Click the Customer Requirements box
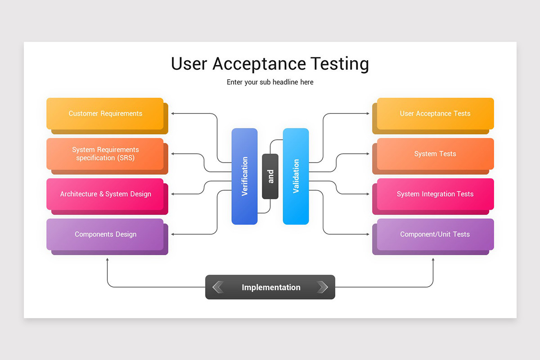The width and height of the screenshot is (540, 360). [105, 113]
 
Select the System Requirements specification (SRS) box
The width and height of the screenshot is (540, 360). [105, 154]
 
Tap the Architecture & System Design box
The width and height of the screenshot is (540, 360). [105, 194]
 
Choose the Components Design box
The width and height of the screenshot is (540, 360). [105, 234]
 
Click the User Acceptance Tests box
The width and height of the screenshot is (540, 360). [435, 113]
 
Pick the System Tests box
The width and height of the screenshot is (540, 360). [435, 154]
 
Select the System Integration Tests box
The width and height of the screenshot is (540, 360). [435, 194]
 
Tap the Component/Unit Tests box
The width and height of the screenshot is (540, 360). [435, 234]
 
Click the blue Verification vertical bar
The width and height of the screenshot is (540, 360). [244, 176]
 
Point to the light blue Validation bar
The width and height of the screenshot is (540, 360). [296, 176]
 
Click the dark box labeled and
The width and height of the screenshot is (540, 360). [270, 176]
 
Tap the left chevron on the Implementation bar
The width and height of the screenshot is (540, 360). [218, 287]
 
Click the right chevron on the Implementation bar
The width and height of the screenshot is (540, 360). [322, 287]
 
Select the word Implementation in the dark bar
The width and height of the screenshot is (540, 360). [271, 287]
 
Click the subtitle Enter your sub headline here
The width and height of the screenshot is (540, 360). [270, 82]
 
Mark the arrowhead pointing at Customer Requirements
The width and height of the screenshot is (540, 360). [173, 113]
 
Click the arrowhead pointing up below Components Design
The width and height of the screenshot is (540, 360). [107, 260]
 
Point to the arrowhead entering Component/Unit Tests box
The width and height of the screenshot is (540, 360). [368, 234]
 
